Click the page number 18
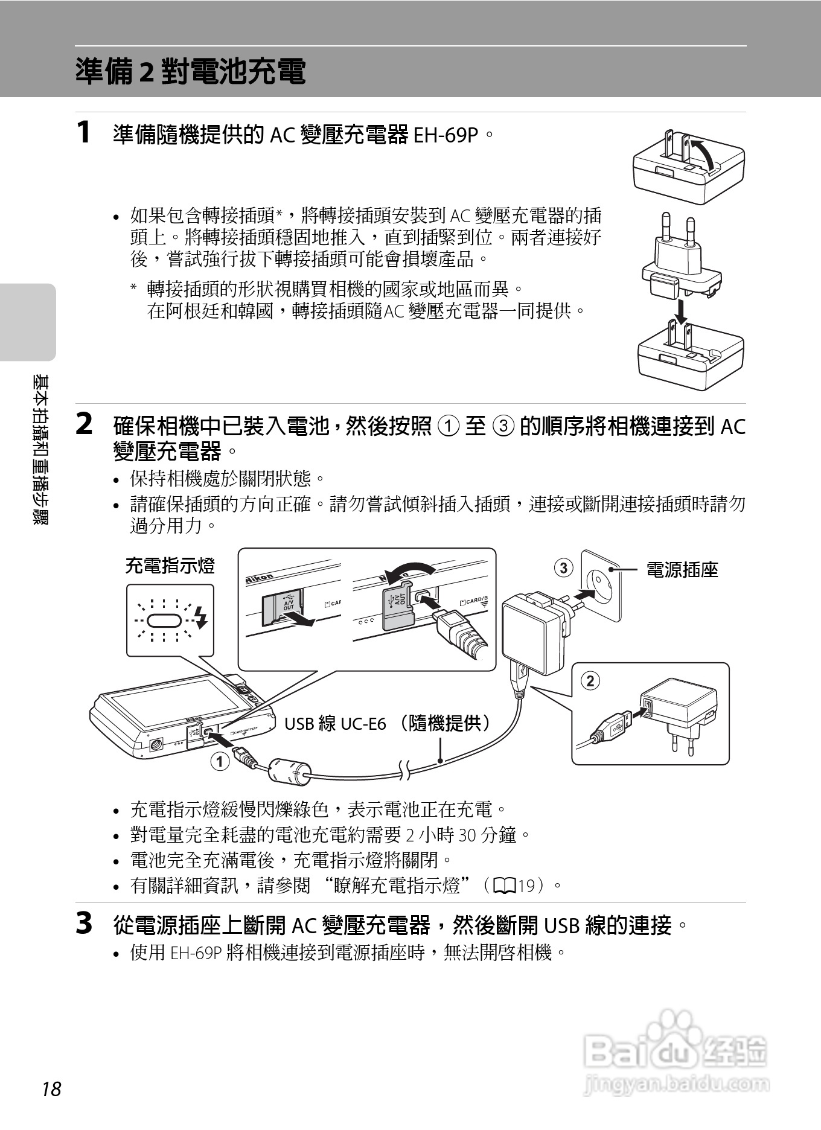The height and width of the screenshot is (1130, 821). pyautogui.click(x=52, y=1089)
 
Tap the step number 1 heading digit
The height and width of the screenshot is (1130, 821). pyautogui.click(x=85, y=132)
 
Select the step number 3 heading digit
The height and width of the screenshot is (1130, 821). pyautogui.click(x=85, y=924)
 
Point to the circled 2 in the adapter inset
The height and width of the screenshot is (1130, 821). pyautogui.click(x=590, y=681)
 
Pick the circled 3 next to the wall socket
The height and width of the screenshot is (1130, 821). pyautogui.click(x=563, y=568)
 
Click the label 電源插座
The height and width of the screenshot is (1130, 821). pyautogui.click(x=682, y=569)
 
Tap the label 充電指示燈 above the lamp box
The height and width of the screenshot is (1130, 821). pyautogui.click(x=170, y=566)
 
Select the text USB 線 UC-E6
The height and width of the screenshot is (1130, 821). pyautogui.click(x=335, y=723)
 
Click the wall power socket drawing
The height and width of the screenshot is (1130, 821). pyautogui.click(x=601, y=585)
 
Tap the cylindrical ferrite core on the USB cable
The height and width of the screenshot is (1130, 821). pyautogui.click(x=289, y=772)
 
